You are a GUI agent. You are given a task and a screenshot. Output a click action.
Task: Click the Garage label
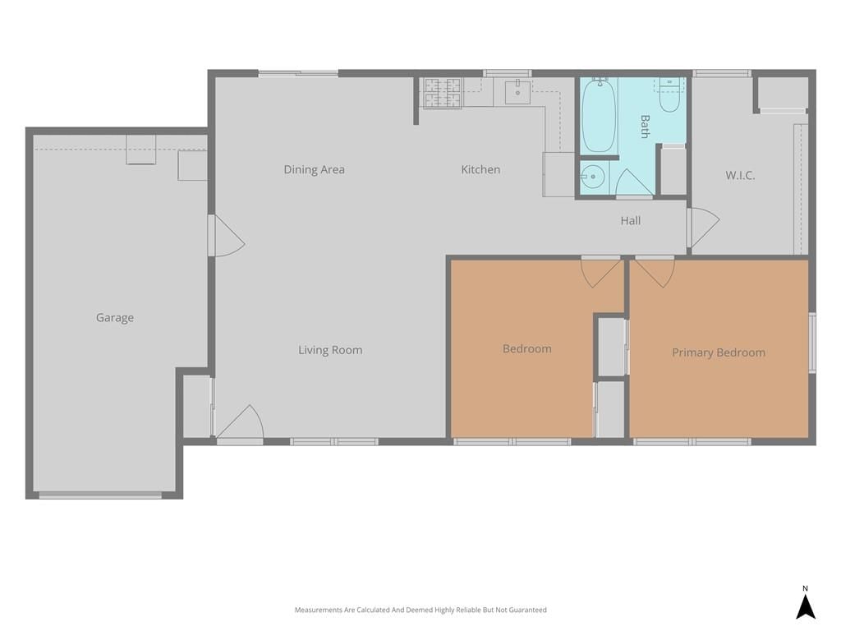coord(115,318)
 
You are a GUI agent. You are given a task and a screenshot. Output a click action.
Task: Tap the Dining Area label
coord(315,169)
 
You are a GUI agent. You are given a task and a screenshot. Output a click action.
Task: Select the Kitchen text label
coord(480,169)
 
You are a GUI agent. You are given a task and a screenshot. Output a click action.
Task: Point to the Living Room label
coord(330,350)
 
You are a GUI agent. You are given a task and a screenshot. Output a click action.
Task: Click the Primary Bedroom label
coord(719,352)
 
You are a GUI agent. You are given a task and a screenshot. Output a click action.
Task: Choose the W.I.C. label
coord(740,175)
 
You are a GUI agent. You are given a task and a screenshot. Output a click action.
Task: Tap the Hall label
coord(631,220)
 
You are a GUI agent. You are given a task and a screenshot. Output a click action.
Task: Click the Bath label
coord(645,126)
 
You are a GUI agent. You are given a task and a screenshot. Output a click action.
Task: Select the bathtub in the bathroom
coord(599,116)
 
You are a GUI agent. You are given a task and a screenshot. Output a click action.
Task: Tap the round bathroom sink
coord(593,177)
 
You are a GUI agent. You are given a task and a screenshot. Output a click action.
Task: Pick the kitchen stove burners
coord(443,92)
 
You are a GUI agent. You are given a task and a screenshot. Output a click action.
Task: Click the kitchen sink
coord(517,92)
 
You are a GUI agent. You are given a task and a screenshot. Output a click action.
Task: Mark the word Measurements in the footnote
coord(319,610)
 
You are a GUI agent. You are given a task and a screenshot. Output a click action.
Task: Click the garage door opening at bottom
coord(100,495)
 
